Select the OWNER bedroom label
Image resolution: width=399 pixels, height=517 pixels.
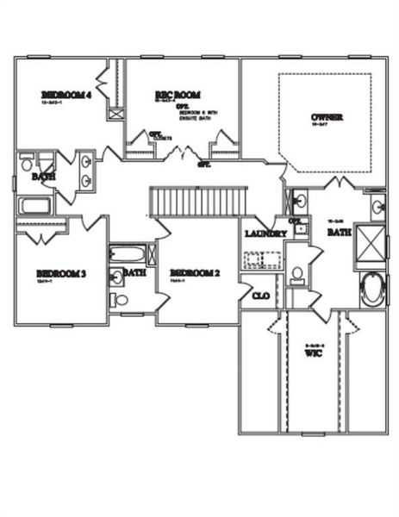coord(327,117)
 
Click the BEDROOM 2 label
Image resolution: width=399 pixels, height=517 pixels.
coord(194,273)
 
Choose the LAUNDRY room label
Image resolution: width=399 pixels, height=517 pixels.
coord(265,234)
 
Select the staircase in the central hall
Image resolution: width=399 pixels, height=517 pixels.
coord(199,202)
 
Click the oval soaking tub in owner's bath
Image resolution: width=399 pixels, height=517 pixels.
coord(374,290)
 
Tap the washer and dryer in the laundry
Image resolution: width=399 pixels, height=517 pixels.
coord(264,258)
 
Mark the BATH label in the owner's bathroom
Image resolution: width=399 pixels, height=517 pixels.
coord(339,232)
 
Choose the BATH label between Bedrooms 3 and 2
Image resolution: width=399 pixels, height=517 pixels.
coord(134,272)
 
